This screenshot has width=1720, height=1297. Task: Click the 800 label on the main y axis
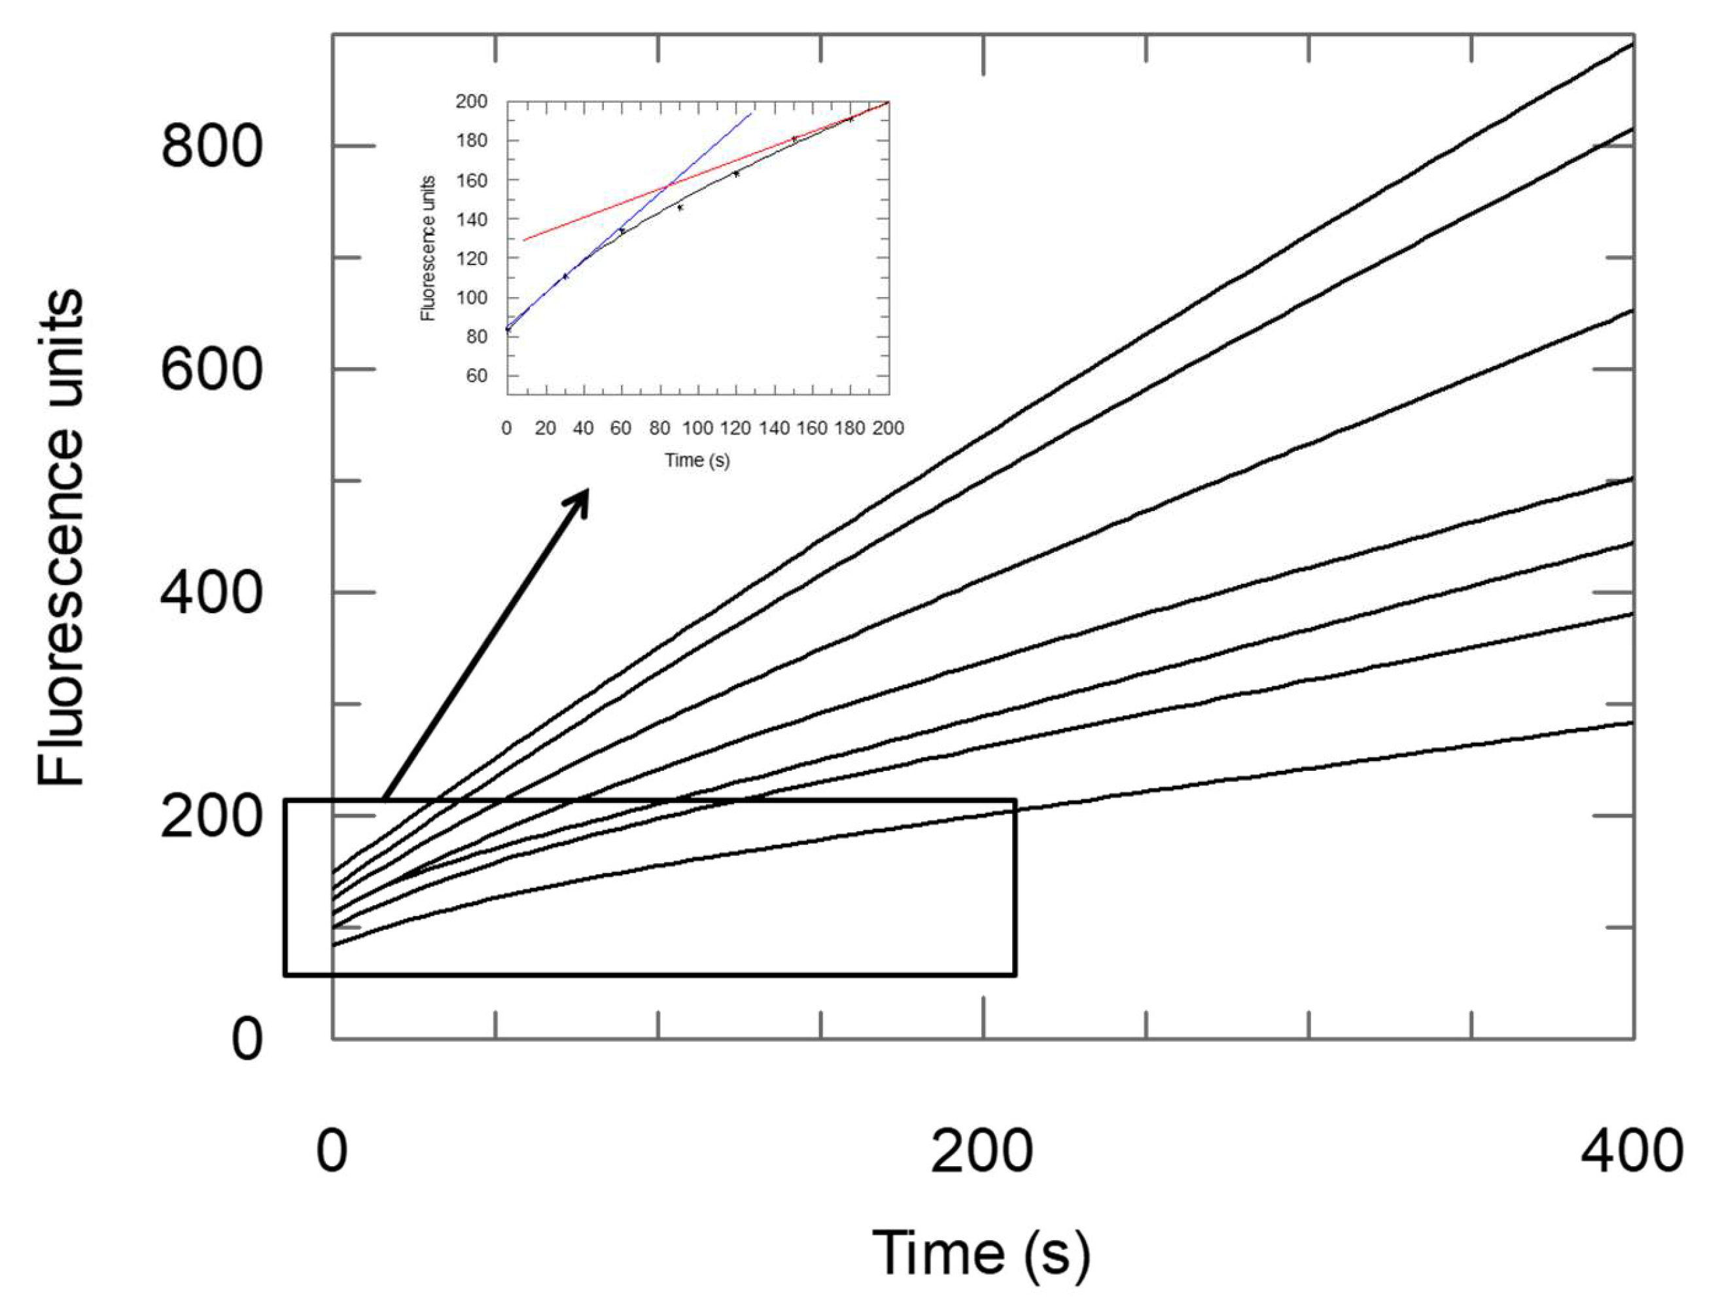point(211,146)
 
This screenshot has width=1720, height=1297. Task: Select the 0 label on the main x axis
point(332,1152)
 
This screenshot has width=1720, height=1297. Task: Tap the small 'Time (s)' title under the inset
point(697,460)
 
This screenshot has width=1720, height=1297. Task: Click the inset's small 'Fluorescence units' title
point(429,249)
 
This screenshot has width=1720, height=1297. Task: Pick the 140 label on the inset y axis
point(471,219)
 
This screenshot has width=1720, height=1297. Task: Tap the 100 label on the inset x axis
point(697,429)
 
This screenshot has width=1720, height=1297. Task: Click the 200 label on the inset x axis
point(888,429)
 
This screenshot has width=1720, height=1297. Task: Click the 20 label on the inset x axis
point(545,429)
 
